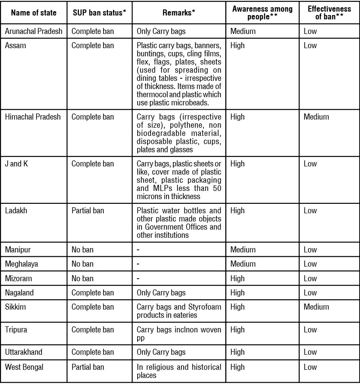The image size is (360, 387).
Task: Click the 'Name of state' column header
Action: [x=34, y=12]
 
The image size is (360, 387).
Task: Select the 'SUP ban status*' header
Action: [x=99, y=12]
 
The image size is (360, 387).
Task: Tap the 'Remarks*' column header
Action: [x=179, y=12]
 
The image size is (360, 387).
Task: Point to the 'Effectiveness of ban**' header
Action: [x=329, y=12]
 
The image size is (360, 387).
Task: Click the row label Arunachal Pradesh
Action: [x=34, y=31]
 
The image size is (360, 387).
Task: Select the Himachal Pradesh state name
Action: [x=33, y=117]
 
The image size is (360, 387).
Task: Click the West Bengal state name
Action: [x=24, y=367]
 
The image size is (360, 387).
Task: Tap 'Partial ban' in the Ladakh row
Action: [x=88, y=210]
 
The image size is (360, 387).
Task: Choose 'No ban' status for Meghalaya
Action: [x=82, y=264]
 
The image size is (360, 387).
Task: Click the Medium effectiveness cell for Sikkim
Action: [x=316, y=307]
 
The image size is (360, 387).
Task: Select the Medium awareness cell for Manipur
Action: [x=243, y=249]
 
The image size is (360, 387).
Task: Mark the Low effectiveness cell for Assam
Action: [x=310, y=45]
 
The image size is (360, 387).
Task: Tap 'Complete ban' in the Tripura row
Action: [x=92, y=329]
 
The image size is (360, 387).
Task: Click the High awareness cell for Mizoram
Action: [x=237, y=278]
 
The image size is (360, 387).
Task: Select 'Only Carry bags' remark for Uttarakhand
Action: [x=161, y=352]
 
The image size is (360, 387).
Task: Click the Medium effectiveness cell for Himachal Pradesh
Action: [x=316, y=117]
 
